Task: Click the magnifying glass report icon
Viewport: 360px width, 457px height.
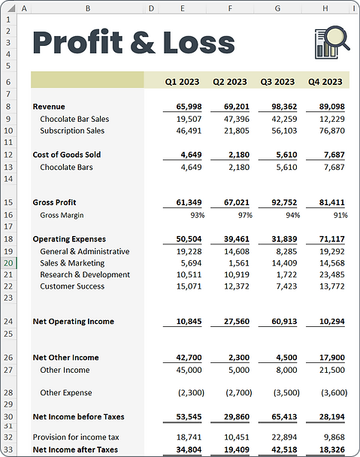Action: pyautogui.click(x=331, y=42)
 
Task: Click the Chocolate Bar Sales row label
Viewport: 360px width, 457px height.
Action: pyautogui.click(x=74, y=119)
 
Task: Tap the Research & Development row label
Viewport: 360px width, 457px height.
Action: pyautogui.click(x=85, y=275)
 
